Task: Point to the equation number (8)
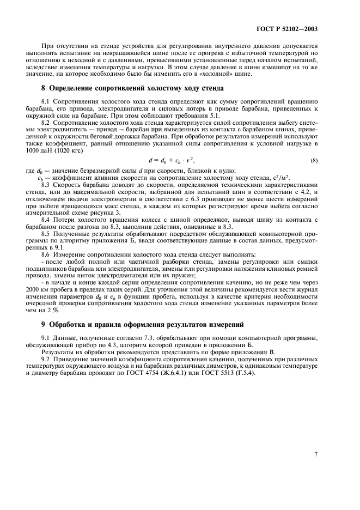[x=314, y=160]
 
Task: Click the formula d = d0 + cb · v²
[x=171, y=160]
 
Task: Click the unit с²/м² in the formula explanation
[x=282, y=177]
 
